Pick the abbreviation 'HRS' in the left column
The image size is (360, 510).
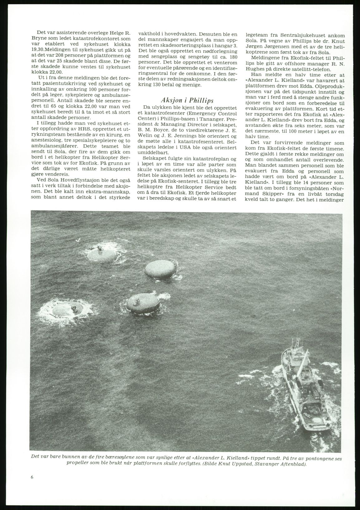80,129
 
